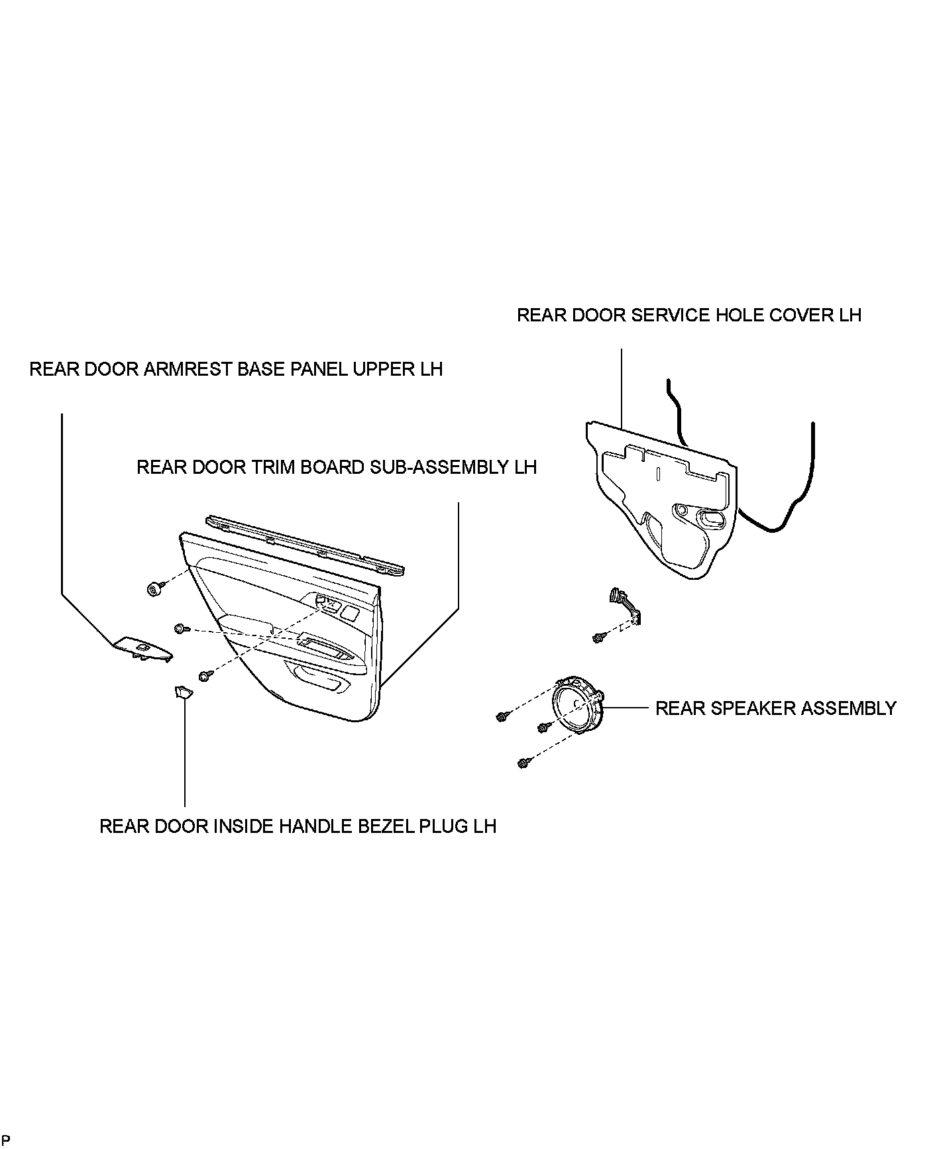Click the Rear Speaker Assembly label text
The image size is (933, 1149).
click(x=775, y=708)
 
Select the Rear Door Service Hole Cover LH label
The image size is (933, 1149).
click(x=688, y=315)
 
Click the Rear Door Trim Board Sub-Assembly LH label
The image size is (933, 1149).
click(x=336, y=467)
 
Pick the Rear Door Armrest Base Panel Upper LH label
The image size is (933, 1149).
click(x=236, y=369)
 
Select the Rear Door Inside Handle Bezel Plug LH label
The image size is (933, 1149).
click(x=298, y=826)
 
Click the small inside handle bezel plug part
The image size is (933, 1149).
click(x=182, y=692)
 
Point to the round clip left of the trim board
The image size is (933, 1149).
click(x=155, y=588)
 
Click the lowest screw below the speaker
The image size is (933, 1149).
click(x=523, y=763)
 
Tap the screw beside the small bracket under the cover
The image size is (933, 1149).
click(x=598, y=638)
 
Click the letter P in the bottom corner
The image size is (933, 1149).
click(x=6, y=1140)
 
